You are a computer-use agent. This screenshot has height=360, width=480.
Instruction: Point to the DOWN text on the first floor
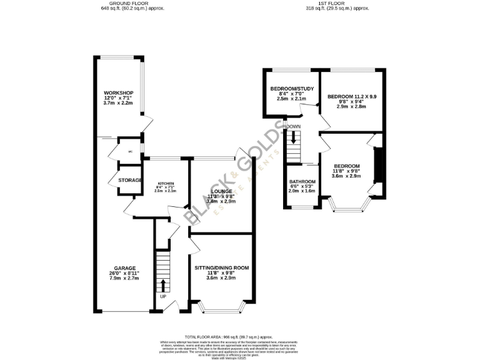click(x=294, y=127)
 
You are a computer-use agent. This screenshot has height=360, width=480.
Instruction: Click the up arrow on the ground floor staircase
click(x=163, y=285)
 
